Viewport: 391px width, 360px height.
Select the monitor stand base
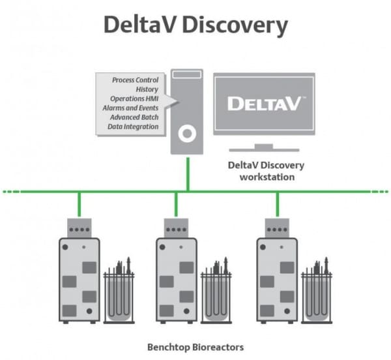point(263,148)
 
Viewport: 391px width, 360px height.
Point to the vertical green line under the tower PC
point(188,172)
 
